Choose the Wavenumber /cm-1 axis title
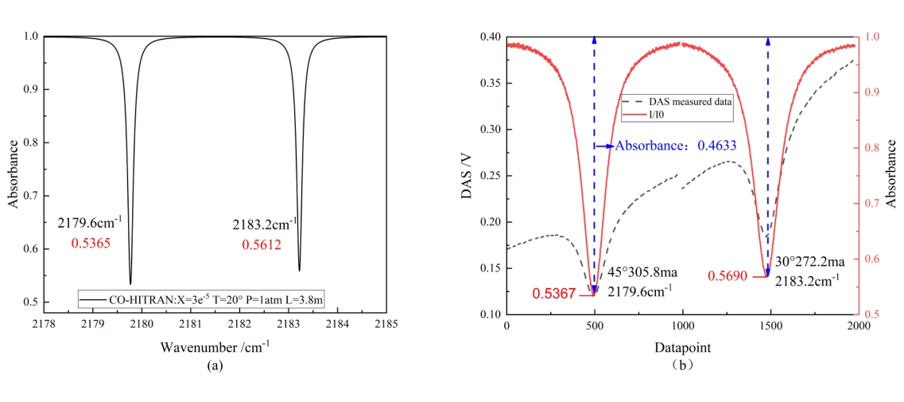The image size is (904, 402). tap(215, 347)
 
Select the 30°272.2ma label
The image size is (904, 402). tap(810, 260)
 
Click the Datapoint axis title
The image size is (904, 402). tap(681, 348)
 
